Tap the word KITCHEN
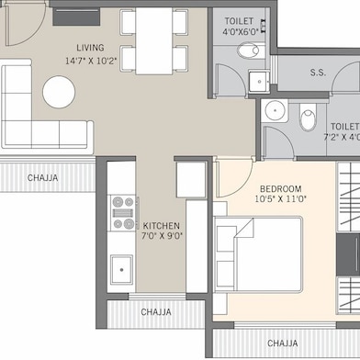click(161, 226)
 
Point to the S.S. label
click(319, 71)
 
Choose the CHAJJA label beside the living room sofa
click(44, 177)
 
